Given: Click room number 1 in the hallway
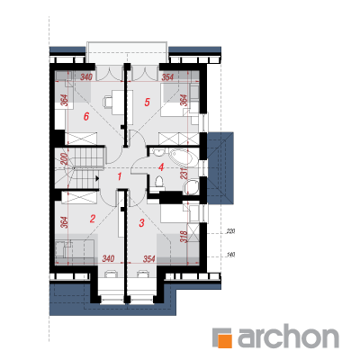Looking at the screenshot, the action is (x=119, y=176).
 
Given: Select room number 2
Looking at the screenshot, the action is (x=93, y=219).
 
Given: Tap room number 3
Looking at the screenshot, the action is (x=141, y=223).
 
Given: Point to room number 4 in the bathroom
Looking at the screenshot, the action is (x=161, y=167).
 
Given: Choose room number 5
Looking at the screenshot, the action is (x=147, y=103).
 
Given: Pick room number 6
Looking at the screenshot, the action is (x=86, y=116).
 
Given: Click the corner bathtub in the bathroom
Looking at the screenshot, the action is (x=183, y=157).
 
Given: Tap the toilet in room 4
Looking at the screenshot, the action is (x=158, y=182).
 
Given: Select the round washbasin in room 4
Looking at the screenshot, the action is (x=191, y=186).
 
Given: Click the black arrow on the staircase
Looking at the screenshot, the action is (x=97, y=179).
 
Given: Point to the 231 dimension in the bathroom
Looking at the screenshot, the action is (x=185, y=174).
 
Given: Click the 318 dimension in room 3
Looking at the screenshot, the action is (x=184, y=236).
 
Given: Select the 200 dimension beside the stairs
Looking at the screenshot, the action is (x=64, y=158).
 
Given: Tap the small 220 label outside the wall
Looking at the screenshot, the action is (x=230, y=231).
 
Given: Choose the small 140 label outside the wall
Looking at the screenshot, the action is (x=230, y=255).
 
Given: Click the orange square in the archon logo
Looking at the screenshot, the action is (x=226, y=339).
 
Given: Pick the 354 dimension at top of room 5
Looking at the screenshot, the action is (x=167, y=77).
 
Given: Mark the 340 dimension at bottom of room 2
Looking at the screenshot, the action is (x=108, y=258).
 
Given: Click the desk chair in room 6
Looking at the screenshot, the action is (x=107, y=102).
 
